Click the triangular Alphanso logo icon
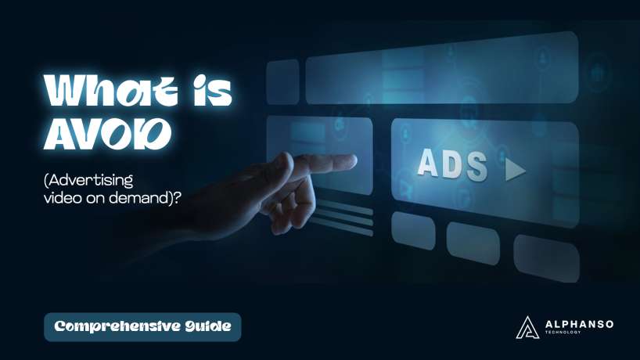tap(527, 327)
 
